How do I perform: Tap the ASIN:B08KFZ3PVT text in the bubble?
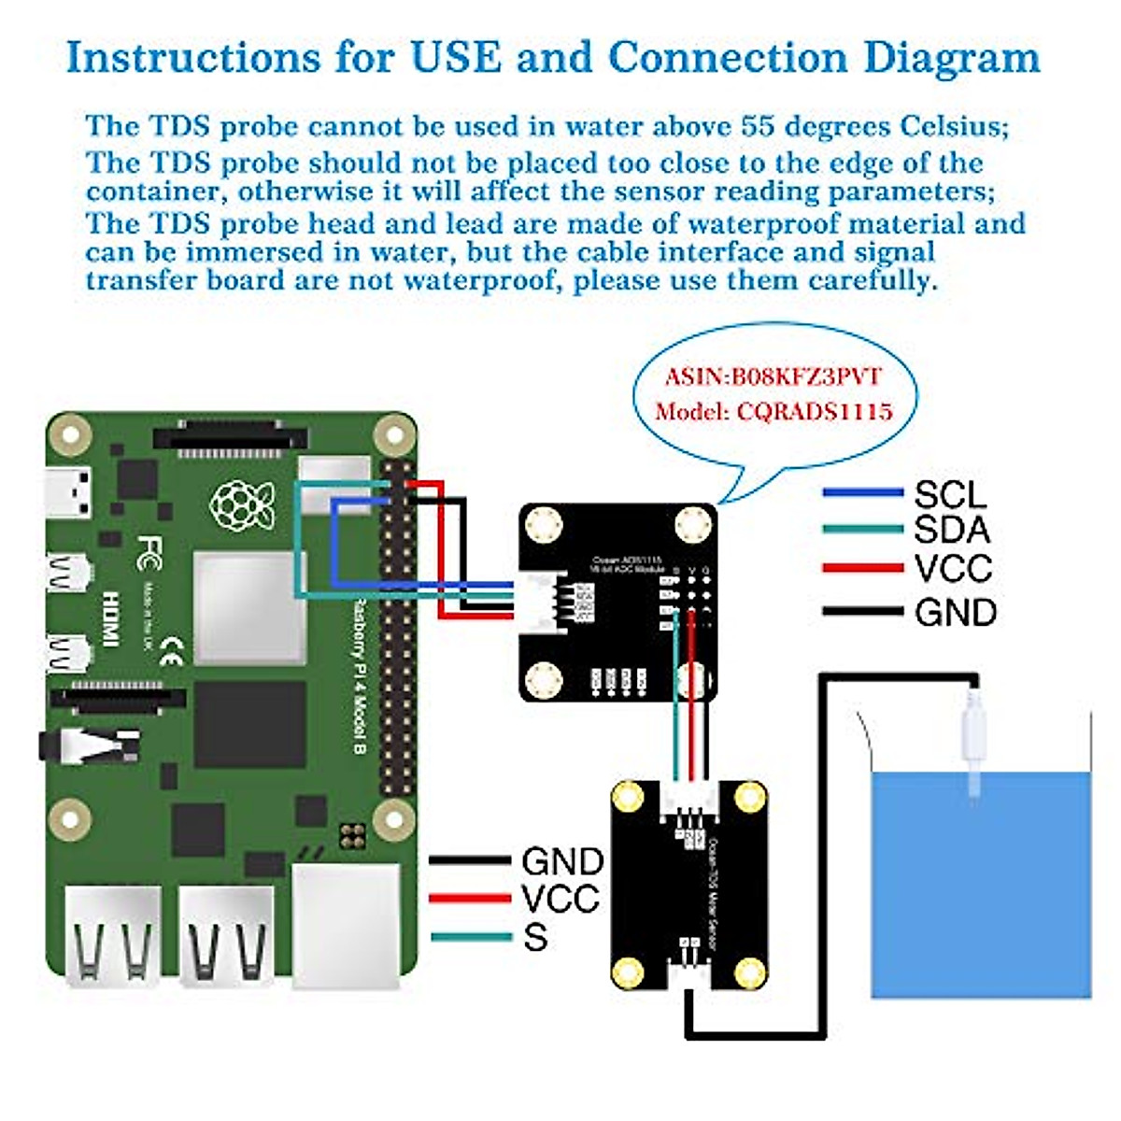773,376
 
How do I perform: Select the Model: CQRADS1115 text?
773,411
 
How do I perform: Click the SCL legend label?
950,494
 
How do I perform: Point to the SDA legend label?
951,530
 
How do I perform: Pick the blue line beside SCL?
862,492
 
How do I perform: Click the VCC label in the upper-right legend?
953,568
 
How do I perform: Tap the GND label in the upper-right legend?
956,613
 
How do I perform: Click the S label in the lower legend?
535,937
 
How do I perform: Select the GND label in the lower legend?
562,861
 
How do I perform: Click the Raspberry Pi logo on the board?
242,504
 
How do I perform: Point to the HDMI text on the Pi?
111,617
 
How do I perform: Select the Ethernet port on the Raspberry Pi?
345,925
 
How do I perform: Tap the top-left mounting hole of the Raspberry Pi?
69,433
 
